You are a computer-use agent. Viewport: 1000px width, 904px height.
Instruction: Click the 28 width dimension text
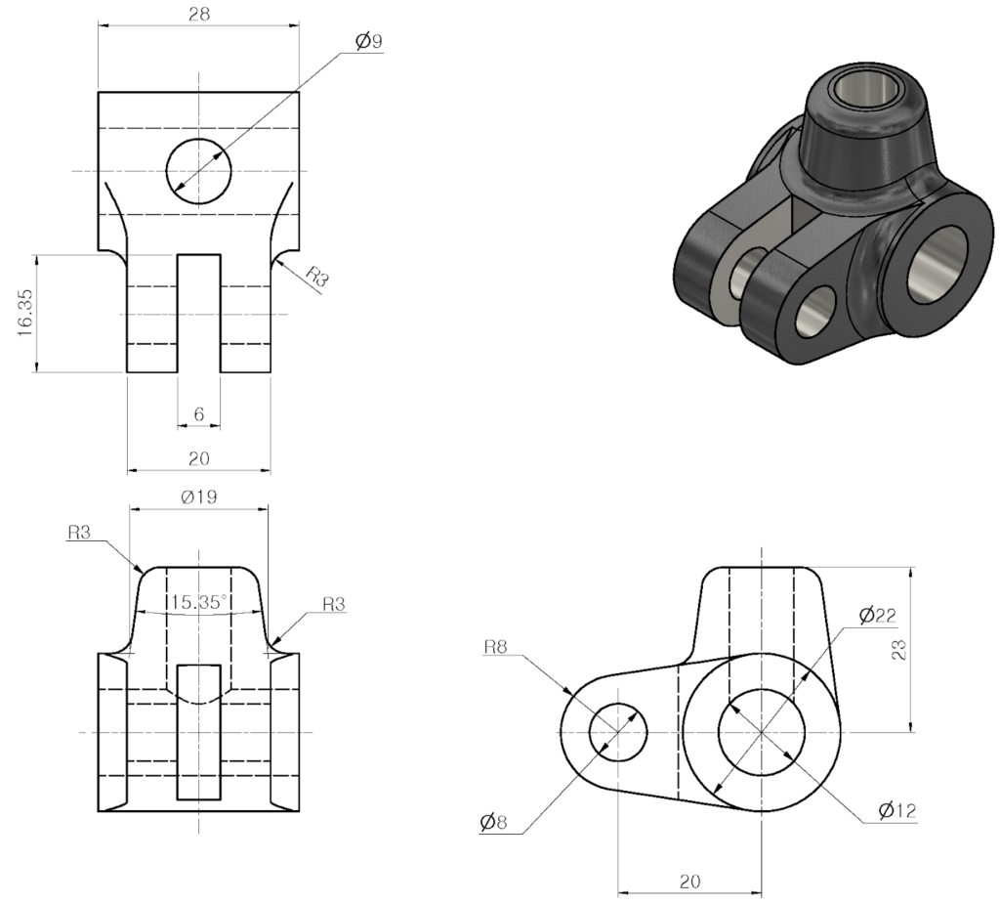click(x=198, y=14)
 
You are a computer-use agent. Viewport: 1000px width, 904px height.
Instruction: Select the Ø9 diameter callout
click(x=368, y=42)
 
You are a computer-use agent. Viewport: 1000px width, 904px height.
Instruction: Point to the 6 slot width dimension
click(x=198, y=414)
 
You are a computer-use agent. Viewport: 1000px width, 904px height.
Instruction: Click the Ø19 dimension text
click(x=198, y=496)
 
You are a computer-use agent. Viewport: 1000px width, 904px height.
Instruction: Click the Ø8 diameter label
click(x=494, y=822)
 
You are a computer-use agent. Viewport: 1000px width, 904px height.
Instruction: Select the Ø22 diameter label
click(x=877, y=615)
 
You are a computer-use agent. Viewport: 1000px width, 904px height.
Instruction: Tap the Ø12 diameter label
click(x=896, y=810)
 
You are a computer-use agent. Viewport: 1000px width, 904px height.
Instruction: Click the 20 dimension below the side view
click(x=689, y=881)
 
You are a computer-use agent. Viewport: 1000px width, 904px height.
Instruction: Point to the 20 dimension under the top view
click(x=198, y=458)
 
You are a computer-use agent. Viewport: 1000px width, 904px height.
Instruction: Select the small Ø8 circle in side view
click(x=618, y=731)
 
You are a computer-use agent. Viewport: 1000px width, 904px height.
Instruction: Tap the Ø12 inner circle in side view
click(x=762, y=731)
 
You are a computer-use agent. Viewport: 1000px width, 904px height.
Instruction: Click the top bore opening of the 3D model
click(x=867, y=91)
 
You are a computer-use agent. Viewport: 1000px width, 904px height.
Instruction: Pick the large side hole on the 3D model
click(x=937, y=264)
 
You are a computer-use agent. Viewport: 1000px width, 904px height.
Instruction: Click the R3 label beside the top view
click(x=317, y=277)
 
